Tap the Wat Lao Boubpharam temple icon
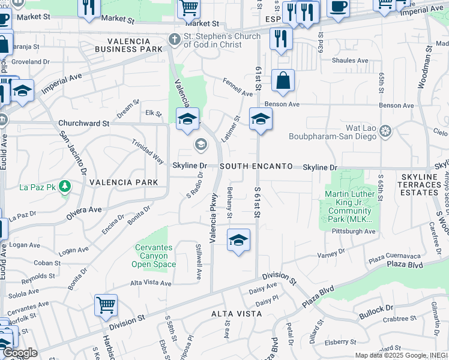[x=385, y=130]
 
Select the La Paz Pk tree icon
[x=64, y=188]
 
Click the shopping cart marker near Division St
[x=106, y=304]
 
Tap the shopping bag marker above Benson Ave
[x=283, y=80]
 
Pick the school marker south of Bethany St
[x=238, y=240]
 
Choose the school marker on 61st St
[x=261, y=119]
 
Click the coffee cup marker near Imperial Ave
[x=339, y=7]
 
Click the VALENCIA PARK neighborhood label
[x=124, y=182]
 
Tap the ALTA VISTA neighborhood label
[x=234, y=314]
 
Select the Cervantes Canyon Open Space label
[x=154, y=256]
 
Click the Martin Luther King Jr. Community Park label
[x=349, y=206]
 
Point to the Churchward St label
[x=83, y=123]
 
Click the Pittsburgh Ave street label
[x=356, y=231]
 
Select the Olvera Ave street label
[x=84, y=209]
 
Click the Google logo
[x=20, y=353]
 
